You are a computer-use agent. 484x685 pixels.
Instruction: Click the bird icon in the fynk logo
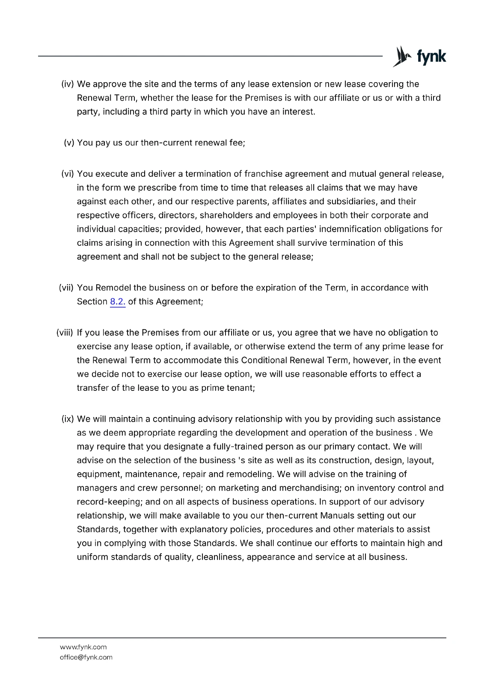point(402,57)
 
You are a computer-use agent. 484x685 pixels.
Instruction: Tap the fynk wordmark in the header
point(431,57)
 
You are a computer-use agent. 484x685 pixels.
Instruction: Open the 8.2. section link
point(118,301)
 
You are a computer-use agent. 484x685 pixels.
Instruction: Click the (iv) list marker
point(68,84)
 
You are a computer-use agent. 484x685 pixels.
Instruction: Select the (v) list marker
point(69,143)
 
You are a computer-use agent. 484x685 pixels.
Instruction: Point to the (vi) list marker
point(68,174)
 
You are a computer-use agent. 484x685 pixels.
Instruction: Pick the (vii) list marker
point(66,288)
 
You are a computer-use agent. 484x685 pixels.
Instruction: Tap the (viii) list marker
point(65,333)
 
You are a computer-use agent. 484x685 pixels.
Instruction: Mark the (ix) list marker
point(68,419)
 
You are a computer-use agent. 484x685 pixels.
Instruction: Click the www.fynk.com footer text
point(83,647)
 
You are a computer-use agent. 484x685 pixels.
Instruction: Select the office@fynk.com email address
point(86,657)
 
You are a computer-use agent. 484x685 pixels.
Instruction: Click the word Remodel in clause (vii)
point(113,288)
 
